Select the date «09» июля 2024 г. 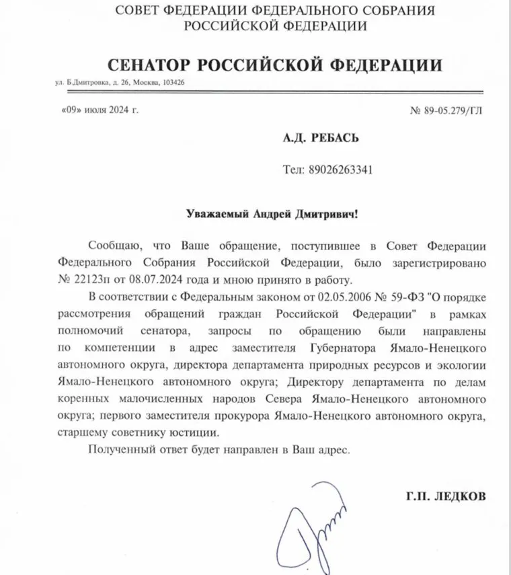[94, 108]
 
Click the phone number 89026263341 [338, 169]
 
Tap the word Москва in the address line [143, 83]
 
